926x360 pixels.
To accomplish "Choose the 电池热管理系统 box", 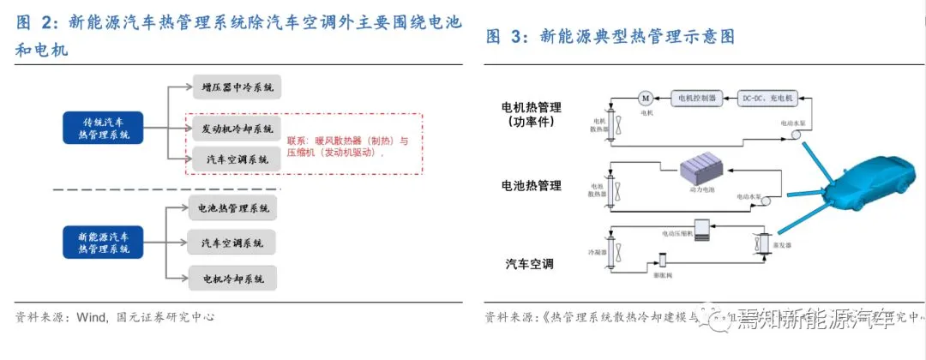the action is click(x=233, y=208).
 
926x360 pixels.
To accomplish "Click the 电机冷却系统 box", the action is click(x=233, y=279).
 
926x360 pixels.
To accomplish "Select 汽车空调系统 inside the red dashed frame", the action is click(x=234, y=159).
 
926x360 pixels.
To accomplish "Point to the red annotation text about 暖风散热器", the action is click(x=348, y=147).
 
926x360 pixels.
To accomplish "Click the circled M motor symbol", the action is click(x=646, y=98).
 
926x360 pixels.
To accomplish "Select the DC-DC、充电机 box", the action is click(x=767, y=98).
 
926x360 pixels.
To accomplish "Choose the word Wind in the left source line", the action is click(x=92, y=317).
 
